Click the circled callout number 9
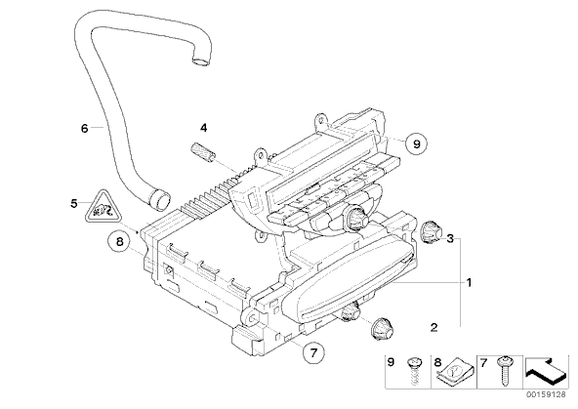pos(416,143)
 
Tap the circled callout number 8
pos(119,242)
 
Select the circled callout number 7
pos(313,353)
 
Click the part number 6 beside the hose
pos(84,129)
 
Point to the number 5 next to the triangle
pos(74,203)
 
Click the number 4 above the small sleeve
pos(203,128)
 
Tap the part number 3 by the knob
pos(450,238)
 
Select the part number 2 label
pos(433,327)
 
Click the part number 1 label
pos(469,283)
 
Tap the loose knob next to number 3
pos(431,232)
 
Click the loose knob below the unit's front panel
pos(382,328)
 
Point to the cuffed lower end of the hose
pos(159,199)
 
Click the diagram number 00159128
pos(548,394)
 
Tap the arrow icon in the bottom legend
pos(546,370)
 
